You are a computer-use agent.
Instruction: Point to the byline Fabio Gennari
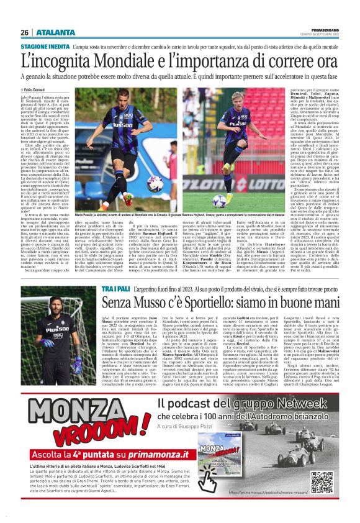click(42, 90)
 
